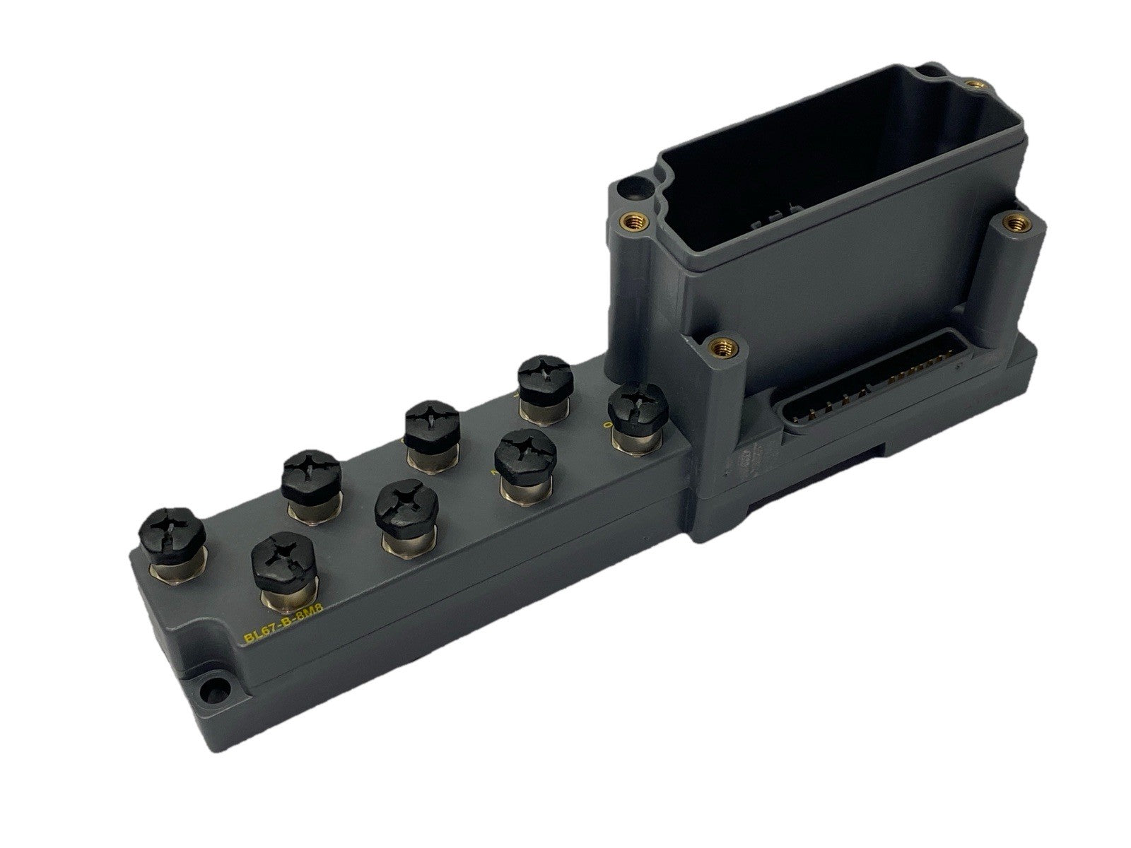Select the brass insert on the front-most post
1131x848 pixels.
coord(720,346)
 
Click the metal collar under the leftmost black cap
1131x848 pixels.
coord(175,564)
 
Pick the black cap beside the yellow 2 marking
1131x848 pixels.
coord(523,460)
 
